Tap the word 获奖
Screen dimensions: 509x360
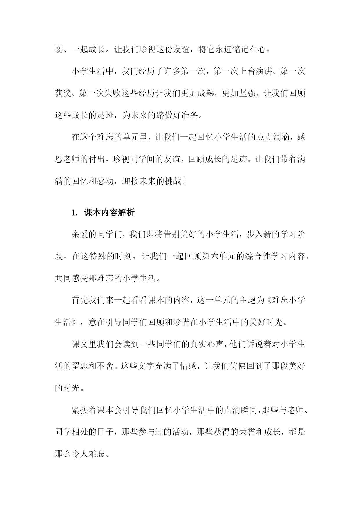tap(63, 93)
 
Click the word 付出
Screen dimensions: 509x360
tap(97, 159)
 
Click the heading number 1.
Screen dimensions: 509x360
tap(73, 213)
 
